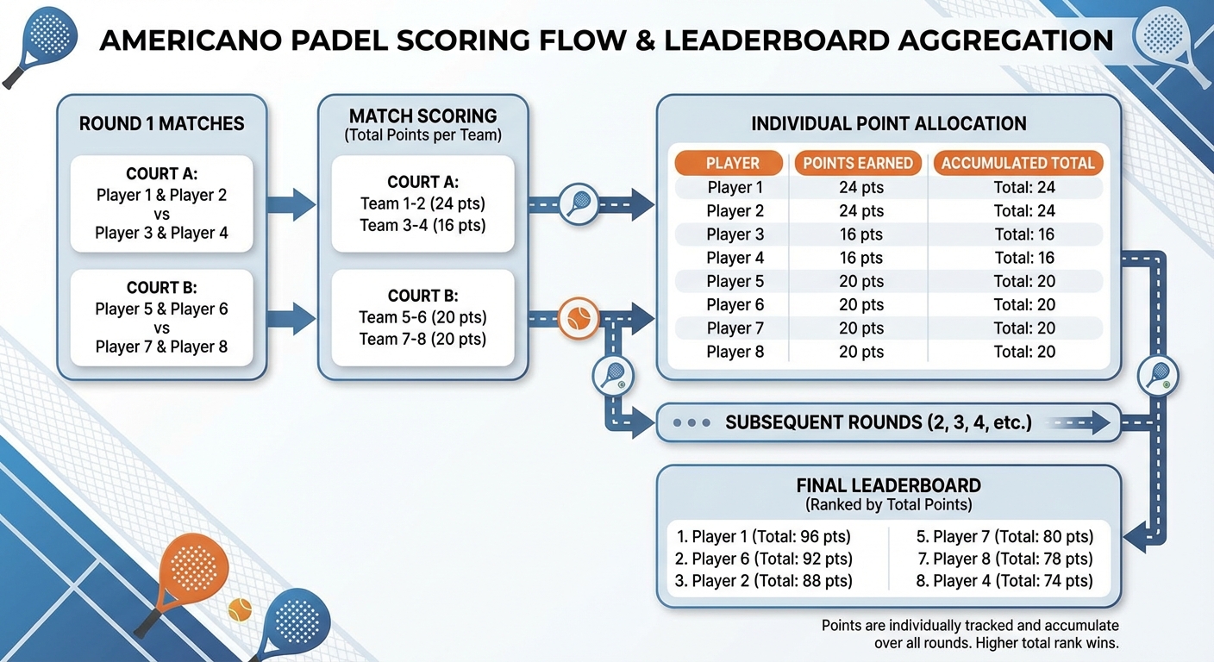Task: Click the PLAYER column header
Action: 732,163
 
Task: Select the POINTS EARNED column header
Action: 858,163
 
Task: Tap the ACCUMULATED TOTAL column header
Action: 1017,163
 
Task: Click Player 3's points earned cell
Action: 860,234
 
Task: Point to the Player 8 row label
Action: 735,352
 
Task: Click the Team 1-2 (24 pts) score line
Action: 422,204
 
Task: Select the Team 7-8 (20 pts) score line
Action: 422,339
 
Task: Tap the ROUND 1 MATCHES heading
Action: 161,124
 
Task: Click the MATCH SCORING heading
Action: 422,116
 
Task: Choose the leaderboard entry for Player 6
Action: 763,559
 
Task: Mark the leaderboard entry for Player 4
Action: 1004,581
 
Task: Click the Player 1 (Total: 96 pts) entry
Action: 763,537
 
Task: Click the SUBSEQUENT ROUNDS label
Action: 878,423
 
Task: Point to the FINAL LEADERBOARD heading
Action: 888,484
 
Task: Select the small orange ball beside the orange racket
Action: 239,610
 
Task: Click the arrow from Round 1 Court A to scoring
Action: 291,205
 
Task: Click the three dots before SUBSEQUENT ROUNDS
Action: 691,423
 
